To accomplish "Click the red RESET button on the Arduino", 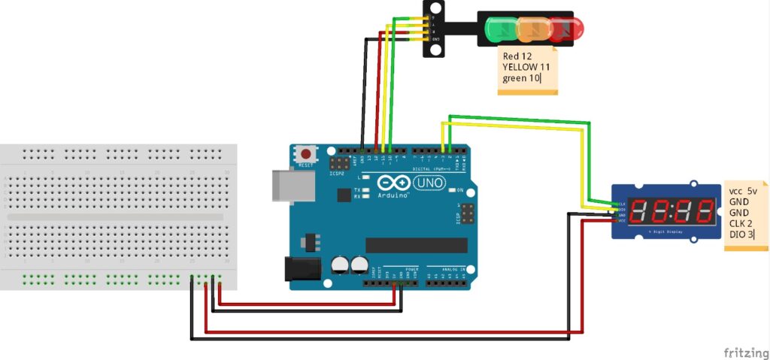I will coord(306,153).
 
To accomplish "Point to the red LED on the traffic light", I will coord(566,28).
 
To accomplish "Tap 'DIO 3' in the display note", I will coord(742,234).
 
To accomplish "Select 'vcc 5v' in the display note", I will coord(743,192).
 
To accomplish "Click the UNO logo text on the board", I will coord(430,182).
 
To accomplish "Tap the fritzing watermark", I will coord(745,352).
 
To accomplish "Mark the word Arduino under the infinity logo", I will coord(396,195).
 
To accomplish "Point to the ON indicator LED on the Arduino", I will coord(453,189).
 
